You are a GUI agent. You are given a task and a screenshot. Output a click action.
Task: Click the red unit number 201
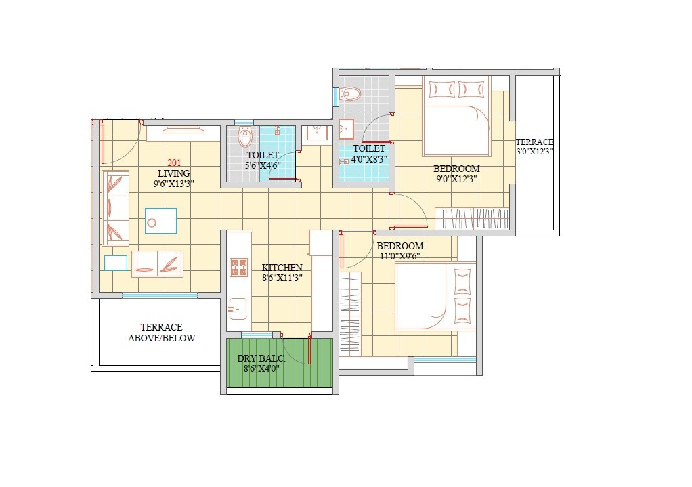click(174, 163)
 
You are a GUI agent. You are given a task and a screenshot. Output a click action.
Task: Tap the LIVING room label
click(174, 173)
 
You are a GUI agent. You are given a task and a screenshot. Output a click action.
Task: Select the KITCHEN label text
click(282, 268)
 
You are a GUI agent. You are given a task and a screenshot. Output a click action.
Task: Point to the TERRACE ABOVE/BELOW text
click(161, 333)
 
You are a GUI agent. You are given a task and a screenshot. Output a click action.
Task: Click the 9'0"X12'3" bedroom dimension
click(456, 179)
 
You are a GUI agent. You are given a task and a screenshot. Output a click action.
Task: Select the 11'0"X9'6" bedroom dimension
click(400, 256)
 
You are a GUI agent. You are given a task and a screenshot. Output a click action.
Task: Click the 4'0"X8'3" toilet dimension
click(369, 159)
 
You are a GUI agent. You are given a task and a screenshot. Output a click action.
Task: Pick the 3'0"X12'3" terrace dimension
click(534, 152)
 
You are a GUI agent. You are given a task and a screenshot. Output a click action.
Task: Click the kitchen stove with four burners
click(239, 267)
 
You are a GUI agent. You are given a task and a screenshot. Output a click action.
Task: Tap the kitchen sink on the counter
click(235, 309)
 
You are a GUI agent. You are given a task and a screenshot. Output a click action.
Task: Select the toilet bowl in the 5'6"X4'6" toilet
click(245, 138)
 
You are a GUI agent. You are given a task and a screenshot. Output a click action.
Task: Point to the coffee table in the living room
click(160, 221)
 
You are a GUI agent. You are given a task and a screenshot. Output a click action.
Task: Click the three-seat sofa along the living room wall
click(115, 207)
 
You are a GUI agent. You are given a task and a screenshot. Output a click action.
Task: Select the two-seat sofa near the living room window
click(157, 263)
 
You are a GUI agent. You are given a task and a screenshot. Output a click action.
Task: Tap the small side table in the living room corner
click(116, 262)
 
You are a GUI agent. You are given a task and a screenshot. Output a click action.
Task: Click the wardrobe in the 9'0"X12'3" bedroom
click(471, 218)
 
